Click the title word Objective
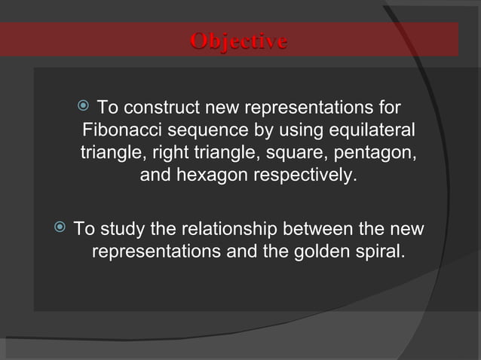click(x=238, y=41)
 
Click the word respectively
click(x=305, y=177)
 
